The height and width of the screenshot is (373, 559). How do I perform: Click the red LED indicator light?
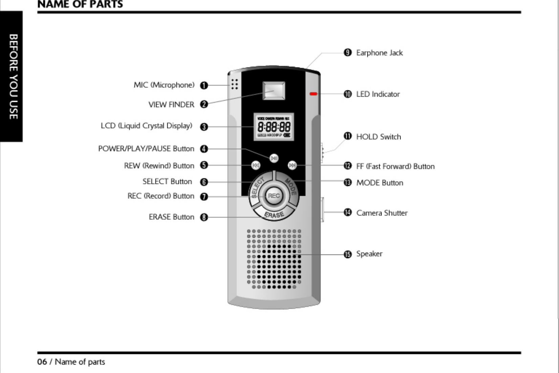pos(313,94)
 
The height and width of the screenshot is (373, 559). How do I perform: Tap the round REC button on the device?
pos(274,196)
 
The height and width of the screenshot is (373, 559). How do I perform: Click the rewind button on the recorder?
pos(256,165)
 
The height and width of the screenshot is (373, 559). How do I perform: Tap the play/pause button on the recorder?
pos(274,158)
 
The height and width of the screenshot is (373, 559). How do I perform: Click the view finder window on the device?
pos(274,90)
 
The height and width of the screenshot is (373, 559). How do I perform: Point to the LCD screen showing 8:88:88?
pos(274,127)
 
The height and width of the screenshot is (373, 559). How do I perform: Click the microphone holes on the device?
pos(234,84)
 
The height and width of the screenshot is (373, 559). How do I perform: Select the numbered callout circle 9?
pos(348,53)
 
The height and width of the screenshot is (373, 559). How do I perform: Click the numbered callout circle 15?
pos(348,254)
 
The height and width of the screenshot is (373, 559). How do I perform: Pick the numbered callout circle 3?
pos(204,127)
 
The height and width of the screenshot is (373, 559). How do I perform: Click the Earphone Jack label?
pos(379,53)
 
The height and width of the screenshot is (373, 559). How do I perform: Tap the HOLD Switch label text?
pos(378,137)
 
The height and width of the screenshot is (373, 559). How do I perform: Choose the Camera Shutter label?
pos(382,213)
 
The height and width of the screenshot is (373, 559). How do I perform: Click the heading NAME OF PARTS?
pos(80,4)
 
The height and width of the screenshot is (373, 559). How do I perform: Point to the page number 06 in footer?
pos(42,362)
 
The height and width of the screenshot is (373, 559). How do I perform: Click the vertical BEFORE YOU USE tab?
pos(13,77)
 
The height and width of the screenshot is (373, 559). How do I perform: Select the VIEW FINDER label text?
pos(171,105)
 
